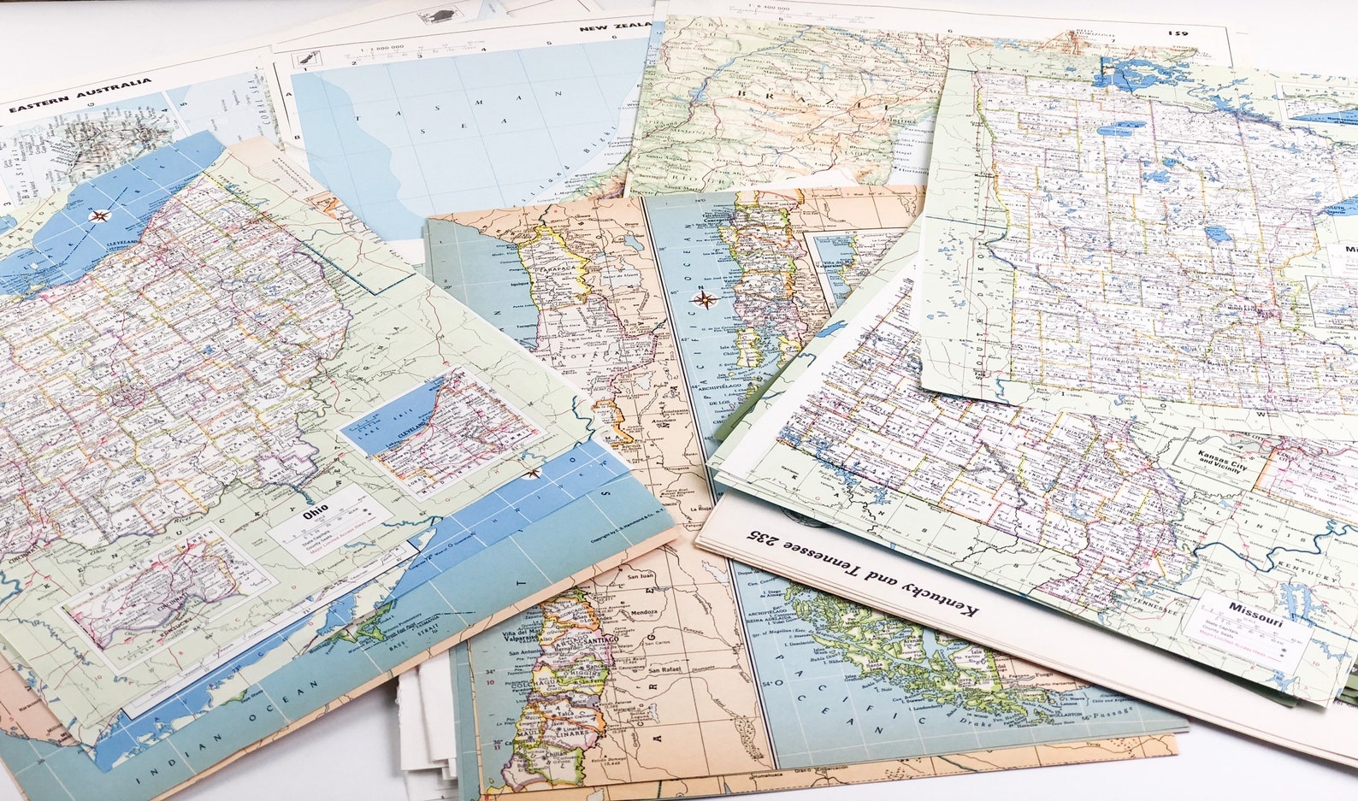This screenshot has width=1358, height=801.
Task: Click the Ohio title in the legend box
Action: tap(315, 515)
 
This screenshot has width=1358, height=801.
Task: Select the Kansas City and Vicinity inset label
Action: tap(1222, 462)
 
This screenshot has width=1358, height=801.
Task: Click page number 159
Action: tap(1178, 33)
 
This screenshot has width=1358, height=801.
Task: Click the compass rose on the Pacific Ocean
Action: tap(706, 298)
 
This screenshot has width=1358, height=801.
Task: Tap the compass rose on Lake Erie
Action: tap(100, 215)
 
